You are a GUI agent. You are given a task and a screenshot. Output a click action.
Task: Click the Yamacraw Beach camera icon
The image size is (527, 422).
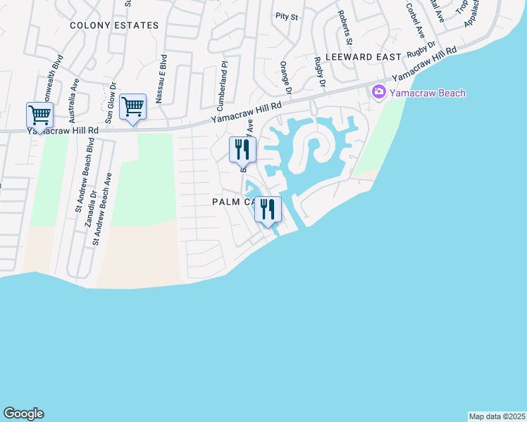(378, 92)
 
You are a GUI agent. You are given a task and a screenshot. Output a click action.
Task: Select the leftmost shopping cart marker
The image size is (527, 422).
(39, 115)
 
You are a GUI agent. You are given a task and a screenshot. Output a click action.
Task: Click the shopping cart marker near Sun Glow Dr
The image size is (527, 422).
(132, 108)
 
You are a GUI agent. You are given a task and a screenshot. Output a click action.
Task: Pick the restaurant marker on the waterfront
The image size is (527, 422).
(268, 210)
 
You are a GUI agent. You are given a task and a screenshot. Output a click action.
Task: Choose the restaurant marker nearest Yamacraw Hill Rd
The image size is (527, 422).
(242, 150)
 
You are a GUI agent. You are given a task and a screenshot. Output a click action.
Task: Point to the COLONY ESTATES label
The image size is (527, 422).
(114, 25)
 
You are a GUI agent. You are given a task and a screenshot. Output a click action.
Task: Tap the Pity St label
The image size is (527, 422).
(287, 15)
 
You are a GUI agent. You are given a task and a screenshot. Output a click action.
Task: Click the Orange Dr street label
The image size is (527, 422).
(285, 78)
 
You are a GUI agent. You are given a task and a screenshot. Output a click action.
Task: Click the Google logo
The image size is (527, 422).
(23, 414)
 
